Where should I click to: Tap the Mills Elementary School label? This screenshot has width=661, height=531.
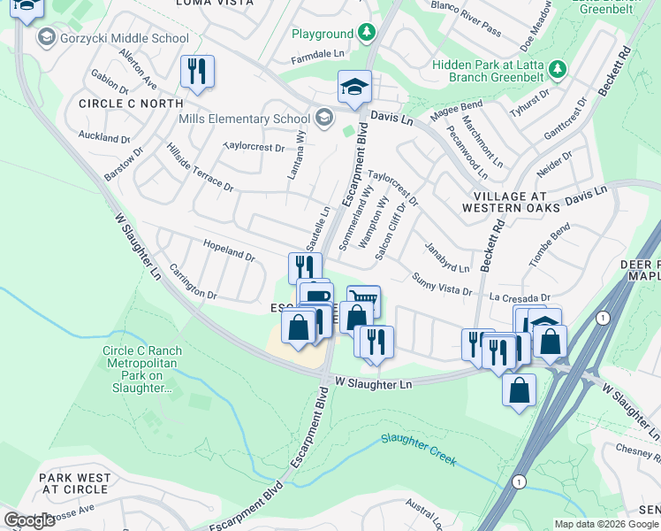click(244, 119)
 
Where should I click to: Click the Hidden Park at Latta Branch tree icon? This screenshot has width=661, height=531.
click(557, 68)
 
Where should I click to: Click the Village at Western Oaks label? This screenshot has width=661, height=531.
click(511, 201)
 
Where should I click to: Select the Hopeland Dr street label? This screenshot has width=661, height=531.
click(229, 253)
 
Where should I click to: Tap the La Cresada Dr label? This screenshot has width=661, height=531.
click(520, 298)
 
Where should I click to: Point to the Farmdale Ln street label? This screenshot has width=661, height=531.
click(317, 54)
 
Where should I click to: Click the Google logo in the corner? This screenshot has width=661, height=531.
click(29, 519)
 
